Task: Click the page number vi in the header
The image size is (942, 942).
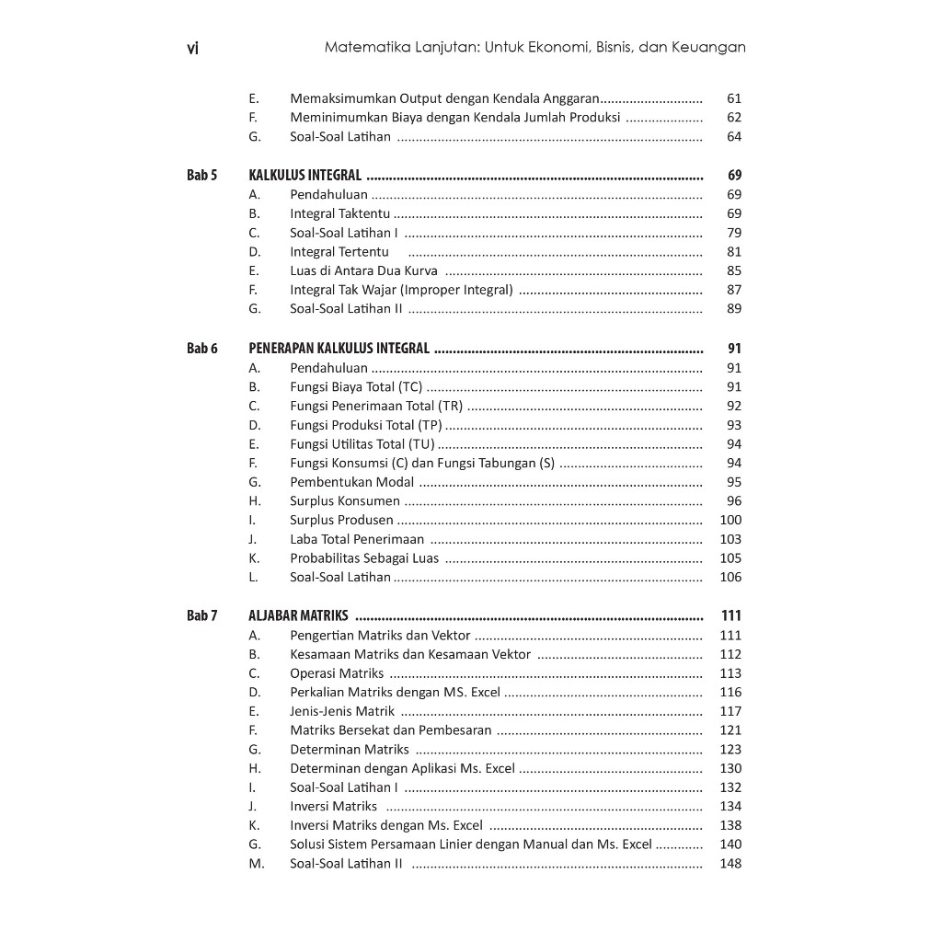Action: click(192, 48)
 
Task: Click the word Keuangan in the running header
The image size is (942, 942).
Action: click(708, 47)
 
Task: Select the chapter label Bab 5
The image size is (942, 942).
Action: click(202, 175)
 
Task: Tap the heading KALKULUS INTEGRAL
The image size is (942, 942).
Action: click(304, 175)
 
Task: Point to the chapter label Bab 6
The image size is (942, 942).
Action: click(202, 349)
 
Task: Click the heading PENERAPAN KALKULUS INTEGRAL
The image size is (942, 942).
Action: click(339, 349)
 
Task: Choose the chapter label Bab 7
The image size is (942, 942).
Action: click(202, 615)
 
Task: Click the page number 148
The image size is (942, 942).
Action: click(730, 864)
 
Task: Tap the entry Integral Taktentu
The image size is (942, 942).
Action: click(339, 213)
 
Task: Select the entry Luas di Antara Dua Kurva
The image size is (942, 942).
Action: click(363, 270)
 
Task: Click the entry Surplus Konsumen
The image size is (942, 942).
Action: click(345, 501)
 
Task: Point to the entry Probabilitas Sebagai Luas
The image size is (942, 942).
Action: click(364, 558)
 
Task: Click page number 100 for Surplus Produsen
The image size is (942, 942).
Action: click(730, 520)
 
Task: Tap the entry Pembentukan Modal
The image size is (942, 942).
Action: click(351, 482)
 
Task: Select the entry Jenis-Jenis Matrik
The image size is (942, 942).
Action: click(342, 711)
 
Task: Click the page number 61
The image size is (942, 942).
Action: click(733, 98)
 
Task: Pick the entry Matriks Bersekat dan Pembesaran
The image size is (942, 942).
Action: click(390, 730)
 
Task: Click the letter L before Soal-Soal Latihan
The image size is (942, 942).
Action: click(253, 578)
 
